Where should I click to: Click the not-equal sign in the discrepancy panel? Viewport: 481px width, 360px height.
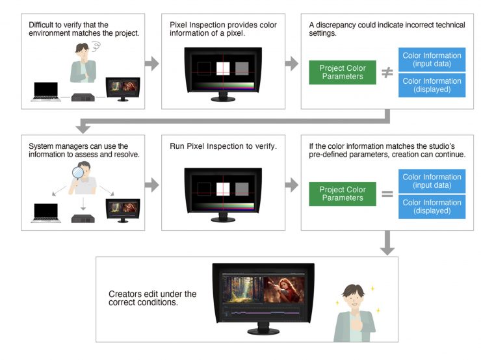387,73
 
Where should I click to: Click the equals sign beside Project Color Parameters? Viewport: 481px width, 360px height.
387,194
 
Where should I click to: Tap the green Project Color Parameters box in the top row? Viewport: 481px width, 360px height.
343,73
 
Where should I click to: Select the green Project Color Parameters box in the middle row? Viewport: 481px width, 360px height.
343,194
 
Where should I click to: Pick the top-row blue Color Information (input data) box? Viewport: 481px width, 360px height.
432,60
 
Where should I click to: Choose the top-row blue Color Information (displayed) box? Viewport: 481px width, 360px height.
432,85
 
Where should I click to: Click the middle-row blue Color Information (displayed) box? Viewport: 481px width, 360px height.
432,207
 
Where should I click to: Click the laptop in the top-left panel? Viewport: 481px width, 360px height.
45,93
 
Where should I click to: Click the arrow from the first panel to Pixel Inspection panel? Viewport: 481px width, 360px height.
151,64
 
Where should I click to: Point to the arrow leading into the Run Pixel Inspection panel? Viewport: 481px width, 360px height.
151,185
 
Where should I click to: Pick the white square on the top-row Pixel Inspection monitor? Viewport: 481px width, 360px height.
222,68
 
